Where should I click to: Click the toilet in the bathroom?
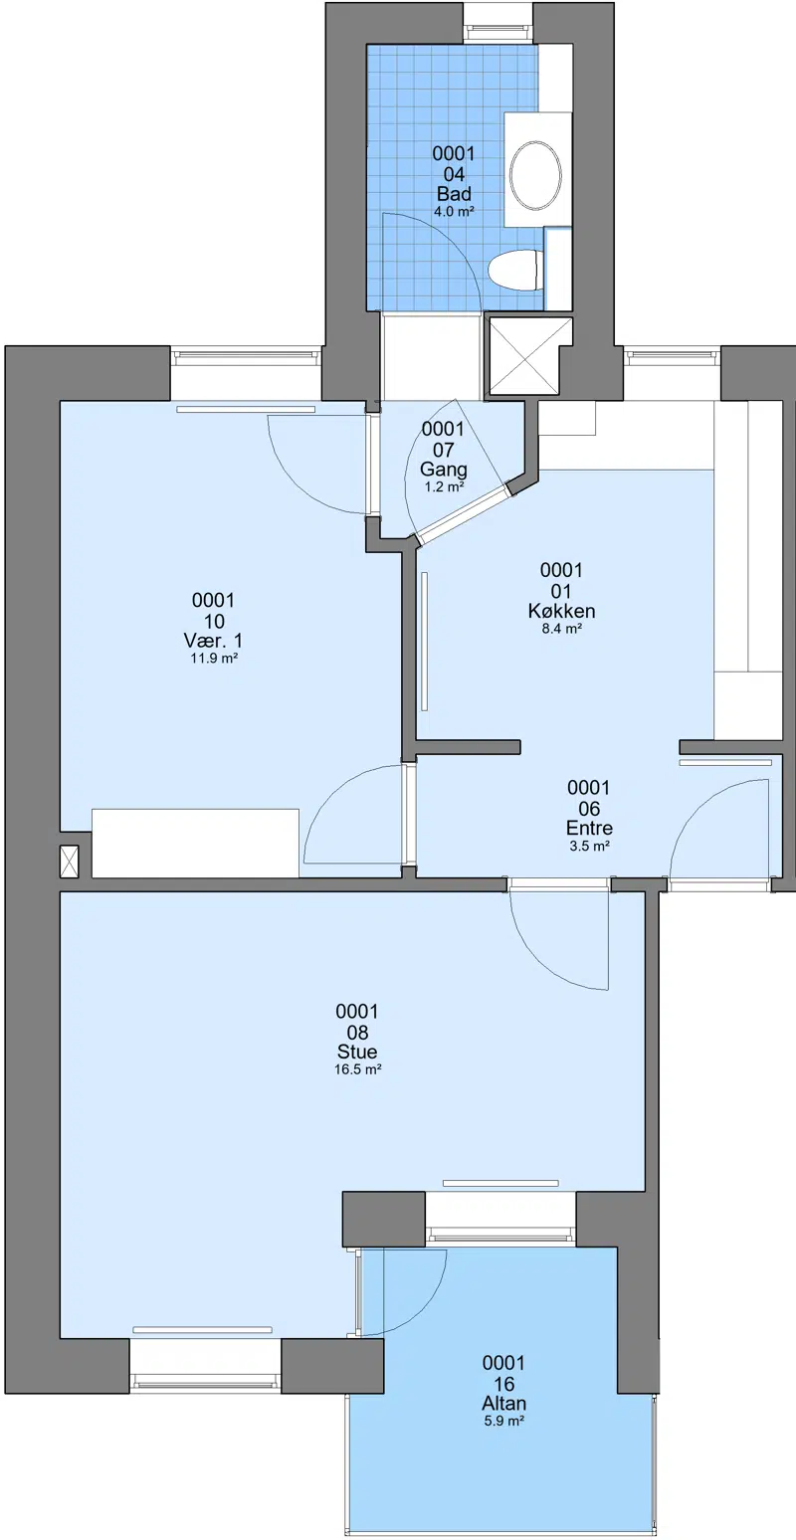[x=514, y=271]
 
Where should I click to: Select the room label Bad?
[x=454, y=194]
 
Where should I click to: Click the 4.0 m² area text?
[x=454, y=212]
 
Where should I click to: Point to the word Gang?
[x=444, y=471]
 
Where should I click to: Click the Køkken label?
[x=561, y=611]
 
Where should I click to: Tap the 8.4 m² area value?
[x=561, y=629]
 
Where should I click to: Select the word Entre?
[x=589, y=828]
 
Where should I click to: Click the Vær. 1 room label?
[x=213, y=641]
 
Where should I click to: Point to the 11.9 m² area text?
[x=214, y=659]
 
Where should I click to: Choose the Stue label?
[x=357, y=1052]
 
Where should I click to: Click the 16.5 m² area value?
[x=357, y=1069]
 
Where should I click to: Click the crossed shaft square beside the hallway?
[x=528, y=355]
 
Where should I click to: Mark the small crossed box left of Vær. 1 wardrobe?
[x=69, y=862]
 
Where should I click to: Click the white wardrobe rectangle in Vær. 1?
[x=195, y=844]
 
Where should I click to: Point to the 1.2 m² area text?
[x=444, y=487]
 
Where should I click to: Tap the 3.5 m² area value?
[x=589, y=847]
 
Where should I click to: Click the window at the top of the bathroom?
[x=498, y=32]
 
